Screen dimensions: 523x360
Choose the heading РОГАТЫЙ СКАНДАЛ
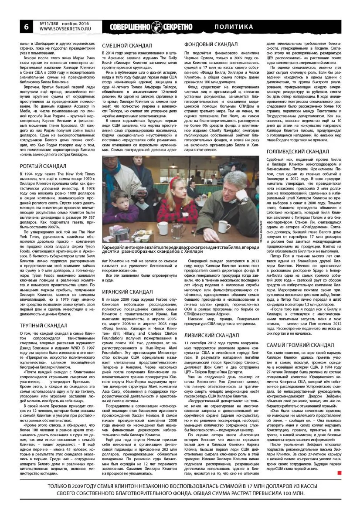43,166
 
